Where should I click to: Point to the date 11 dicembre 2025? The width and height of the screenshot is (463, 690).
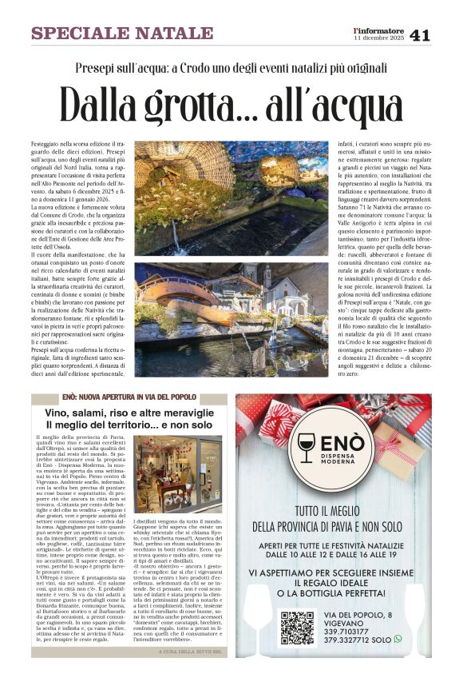(379, 38)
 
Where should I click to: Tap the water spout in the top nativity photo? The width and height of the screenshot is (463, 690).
(175, 232)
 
